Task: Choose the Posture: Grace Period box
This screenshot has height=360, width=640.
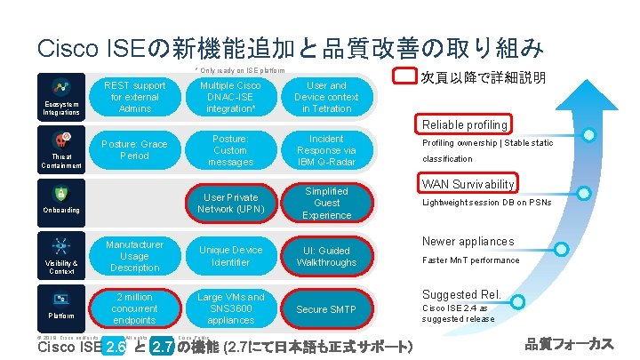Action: [x=134, y=149]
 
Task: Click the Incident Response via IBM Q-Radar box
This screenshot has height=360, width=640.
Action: [x=326, y=150]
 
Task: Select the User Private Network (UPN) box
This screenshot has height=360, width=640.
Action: [x=230, y=203]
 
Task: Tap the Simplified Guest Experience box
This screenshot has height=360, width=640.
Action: [x=326, y=203]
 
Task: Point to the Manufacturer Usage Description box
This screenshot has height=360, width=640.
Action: [x=134, y=256]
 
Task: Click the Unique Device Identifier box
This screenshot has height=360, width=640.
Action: [x=230, y=256]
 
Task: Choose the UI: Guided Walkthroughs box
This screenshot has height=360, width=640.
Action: [x=326, y=256]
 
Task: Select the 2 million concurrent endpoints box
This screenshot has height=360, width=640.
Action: [x=134, y=308]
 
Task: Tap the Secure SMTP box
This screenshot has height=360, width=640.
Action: [x=326, y=309]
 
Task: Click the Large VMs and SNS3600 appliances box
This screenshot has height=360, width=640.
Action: [x=230, y=308]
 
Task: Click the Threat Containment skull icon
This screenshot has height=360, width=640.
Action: [x=63, y=140]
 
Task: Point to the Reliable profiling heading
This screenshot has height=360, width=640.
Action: [x=465, y=124]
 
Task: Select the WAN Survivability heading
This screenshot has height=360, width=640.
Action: [x=468, y=185]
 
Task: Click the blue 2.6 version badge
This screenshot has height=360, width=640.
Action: [x=114, y=347]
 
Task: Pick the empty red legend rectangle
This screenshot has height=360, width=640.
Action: [x=405, y=77]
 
